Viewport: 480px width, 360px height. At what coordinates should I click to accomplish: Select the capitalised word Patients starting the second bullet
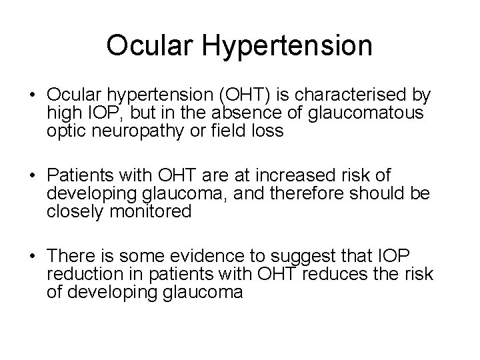pos(75,176)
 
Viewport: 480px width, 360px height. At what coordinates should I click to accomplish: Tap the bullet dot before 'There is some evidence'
pos(32,257)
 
